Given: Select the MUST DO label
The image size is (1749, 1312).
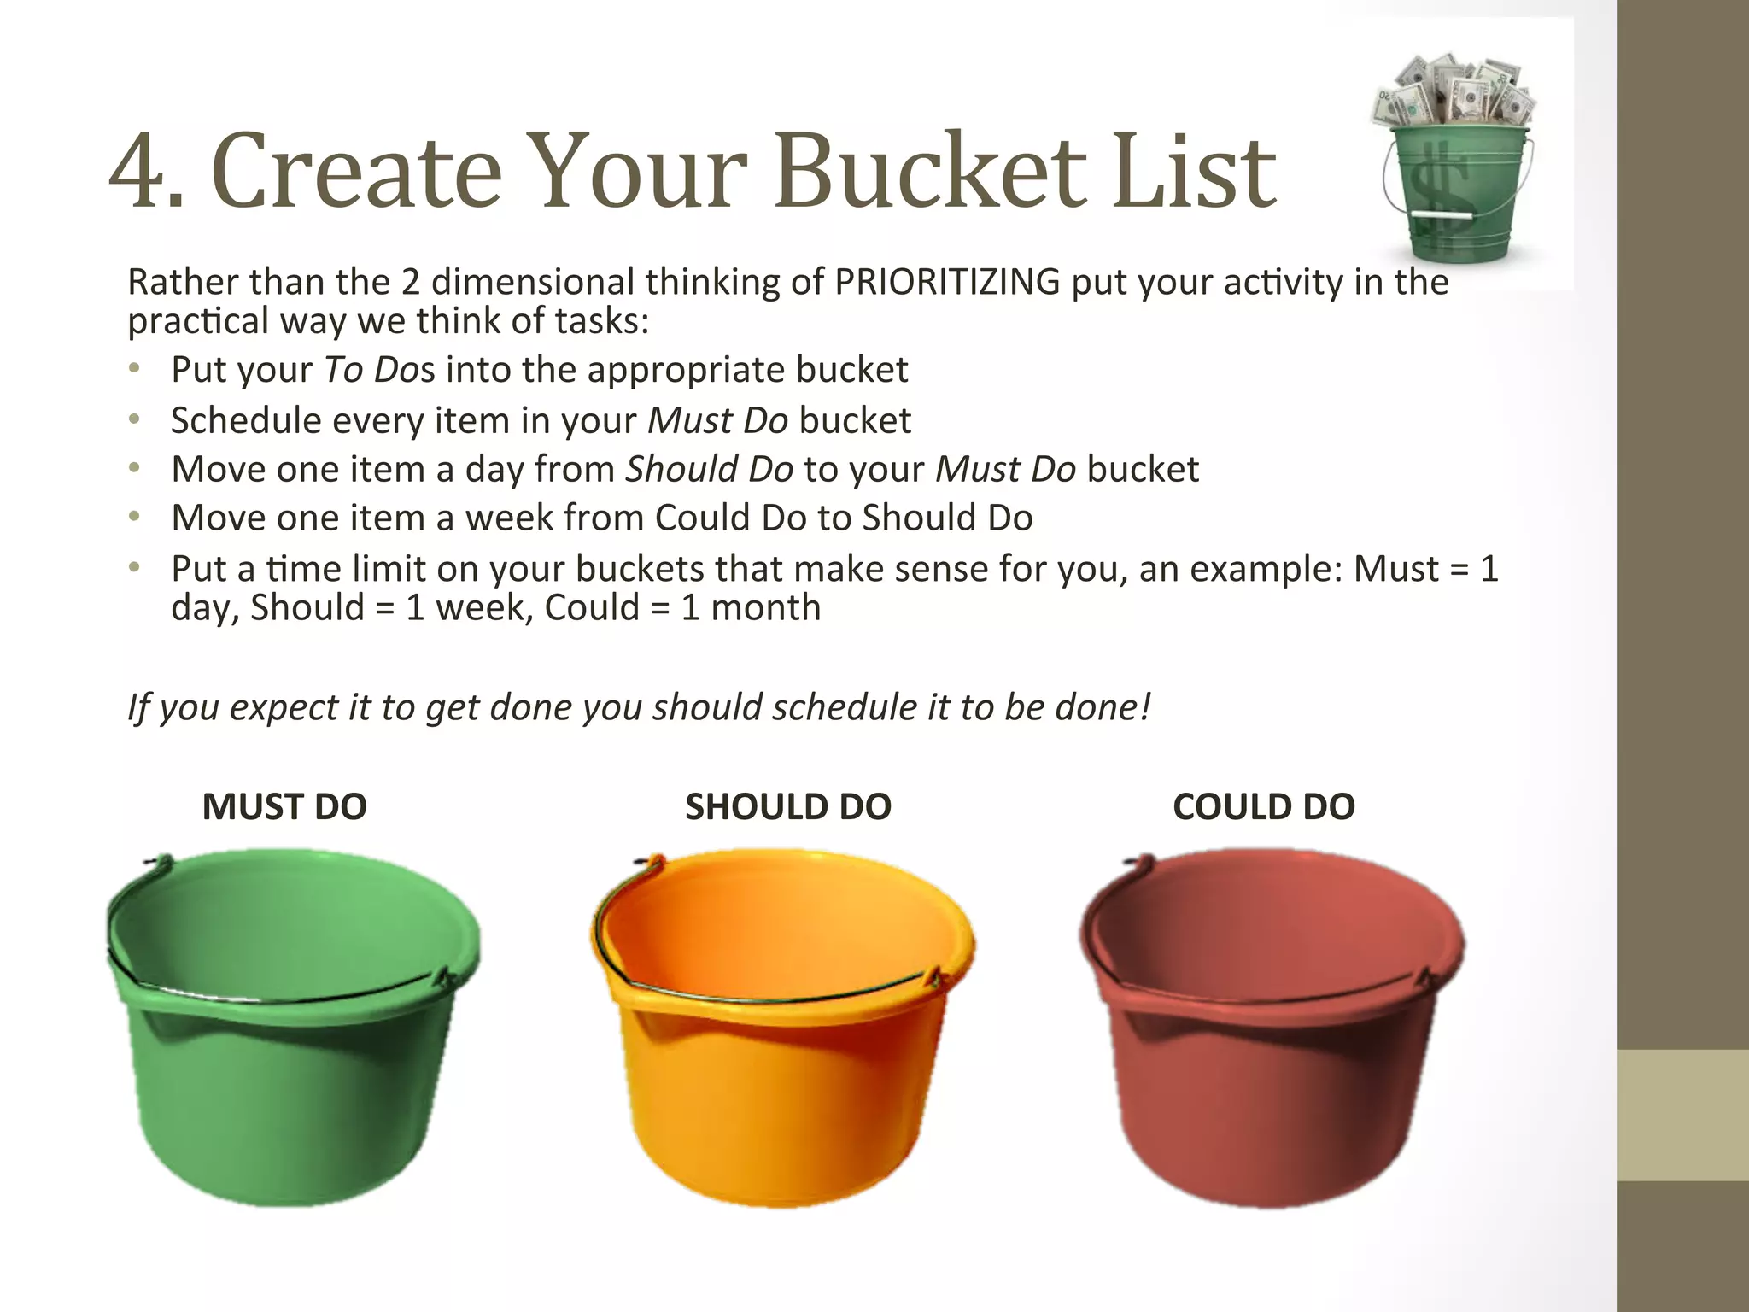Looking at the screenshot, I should pyautogui.click(x=284, y=807).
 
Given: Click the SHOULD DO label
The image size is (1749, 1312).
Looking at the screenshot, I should pyautogui.click(x=788, y=807).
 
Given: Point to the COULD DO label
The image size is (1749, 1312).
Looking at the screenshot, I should pyautogui.click(x=1264, y=807).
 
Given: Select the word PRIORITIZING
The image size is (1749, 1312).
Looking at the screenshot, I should pyautogui.click(x=947, y=282).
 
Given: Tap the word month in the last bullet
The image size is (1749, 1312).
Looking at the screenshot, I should pyautogui.click(x=765, y=608).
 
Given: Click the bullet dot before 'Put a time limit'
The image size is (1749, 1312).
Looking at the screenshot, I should pyautogui.click(x=134, y=567).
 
